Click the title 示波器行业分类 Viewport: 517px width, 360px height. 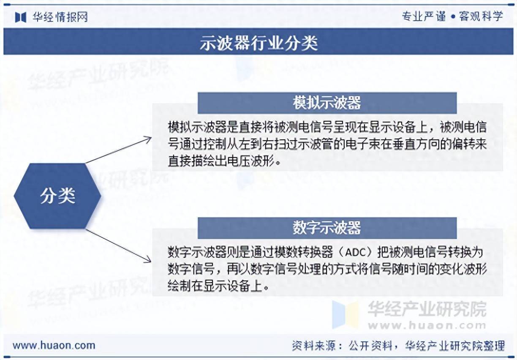(258, 43)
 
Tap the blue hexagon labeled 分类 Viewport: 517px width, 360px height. (57, 196)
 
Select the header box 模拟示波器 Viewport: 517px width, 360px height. (327, 103)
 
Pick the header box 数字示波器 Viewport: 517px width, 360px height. (327, 228)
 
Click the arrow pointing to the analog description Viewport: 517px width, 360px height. (119, 150)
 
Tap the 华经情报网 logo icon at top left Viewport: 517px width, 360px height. (21, 17)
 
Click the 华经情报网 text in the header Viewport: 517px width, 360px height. (59, 17)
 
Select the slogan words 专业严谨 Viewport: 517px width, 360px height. (423, 16)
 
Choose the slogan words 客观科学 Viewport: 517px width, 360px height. (481, 16)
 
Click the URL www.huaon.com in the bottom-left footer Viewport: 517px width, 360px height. (54, 345)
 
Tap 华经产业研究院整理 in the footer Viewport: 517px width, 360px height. (455, 346)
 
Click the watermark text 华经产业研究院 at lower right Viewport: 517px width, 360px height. (427, 309)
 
